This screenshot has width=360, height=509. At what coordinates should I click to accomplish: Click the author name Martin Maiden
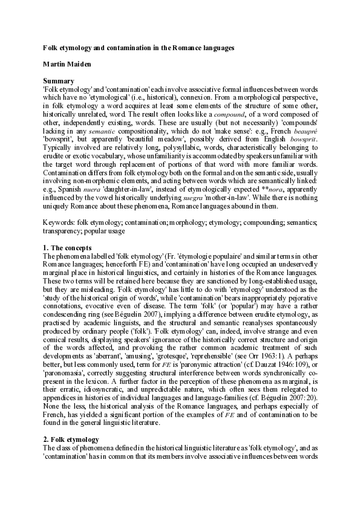[67, 63]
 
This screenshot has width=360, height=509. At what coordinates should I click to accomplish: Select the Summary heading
[59, 81]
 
